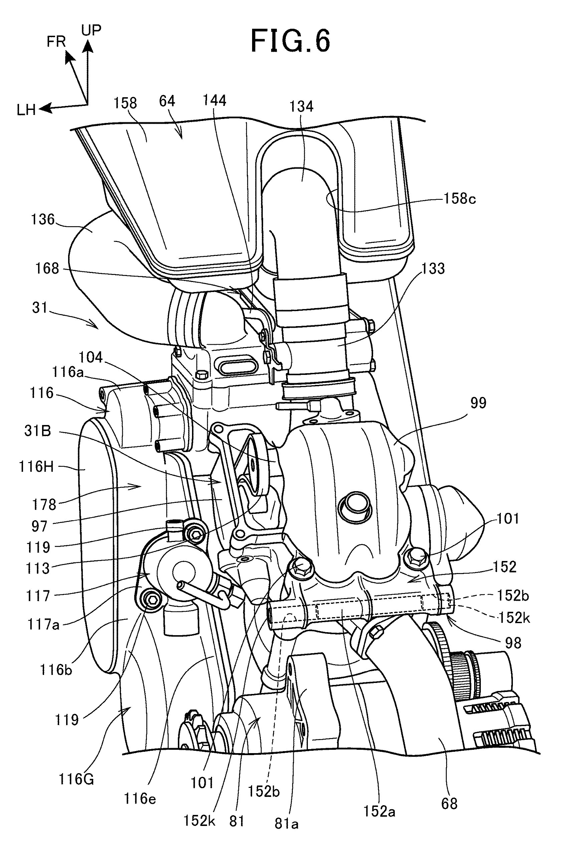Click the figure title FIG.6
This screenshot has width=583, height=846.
click(x=291, y=41)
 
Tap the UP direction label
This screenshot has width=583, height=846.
click(x=91, y=30)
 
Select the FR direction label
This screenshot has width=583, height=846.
click(x=56, y=42)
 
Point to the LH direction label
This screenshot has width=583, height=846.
click(x=26, y=110)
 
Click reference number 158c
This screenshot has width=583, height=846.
click(x=459, y=199)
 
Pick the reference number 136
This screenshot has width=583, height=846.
click(x=43, y=220)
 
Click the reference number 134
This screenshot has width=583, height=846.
click(x=302, y=106)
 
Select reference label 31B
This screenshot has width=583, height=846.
click(x=38, y=431)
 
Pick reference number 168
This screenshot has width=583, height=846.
click(x=47, y=269)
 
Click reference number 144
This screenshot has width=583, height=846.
click(x=214, y=101)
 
